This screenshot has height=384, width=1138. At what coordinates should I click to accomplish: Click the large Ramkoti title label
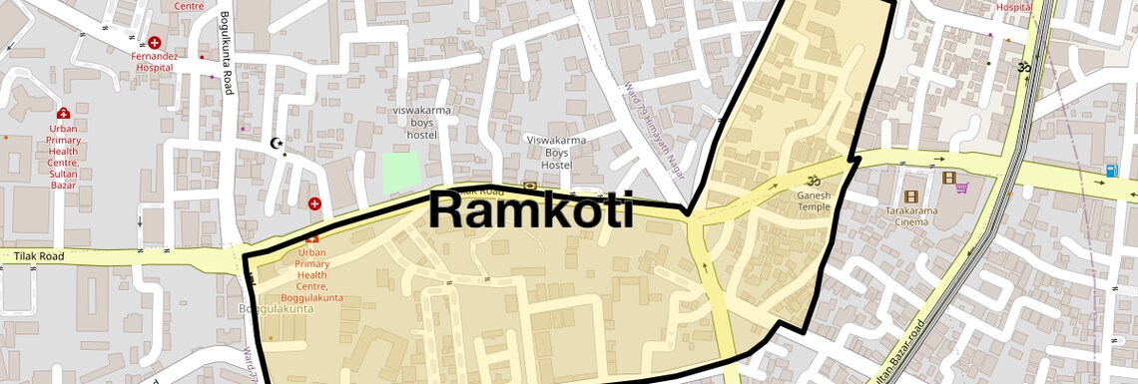(x=531, y=210)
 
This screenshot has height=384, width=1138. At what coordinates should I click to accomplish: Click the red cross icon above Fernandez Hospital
(x=155, y=43)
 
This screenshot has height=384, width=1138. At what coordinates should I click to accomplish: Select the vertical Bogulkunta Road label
(x=228, y=54)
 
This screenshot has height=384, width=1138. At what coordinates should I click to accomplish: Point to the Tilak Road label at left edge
(x=40, y=256)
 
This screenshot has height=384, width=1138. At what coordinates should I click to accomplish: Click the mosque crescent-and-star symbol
(x=278, y=143)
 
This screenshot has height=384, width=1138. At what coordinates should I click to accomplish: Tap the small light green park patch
(x=402, y=174)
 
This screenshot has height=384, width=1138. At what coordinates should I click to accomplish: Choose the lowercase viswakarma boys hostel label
(x=415, y=121)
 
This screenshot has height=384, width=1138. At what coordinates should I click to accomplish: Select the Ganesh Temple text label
(x=813, y=200)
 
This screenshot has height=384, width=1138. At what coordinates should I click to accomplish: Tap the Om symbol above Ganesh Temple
(x=813, y=182)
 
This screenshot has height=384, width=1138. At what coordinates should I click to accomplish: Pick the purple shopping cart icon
(x=961, y=186)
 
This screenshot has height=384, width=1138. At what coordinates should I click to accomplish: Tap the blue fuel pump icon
(x=1111, y=171)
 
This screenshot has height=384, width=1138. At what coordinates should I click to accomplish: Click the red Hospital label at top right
(x=1013, y=7)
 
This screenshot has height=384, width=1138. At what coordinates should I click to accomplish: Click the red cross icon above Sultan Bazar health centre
(x=63, y=114)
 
